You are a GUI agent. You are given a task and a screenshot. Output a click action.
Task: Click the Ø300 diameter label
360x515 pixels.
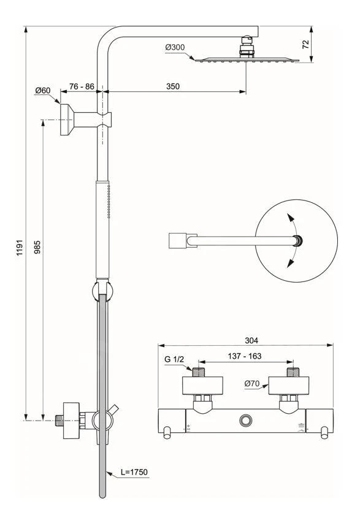[175, 47]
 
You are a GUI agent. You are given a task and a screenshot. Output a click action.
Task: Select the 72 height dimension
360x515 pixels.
[305, 44]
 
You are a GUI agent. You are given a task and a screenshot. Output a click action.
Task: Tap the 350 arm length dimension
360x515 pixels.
[173, 86]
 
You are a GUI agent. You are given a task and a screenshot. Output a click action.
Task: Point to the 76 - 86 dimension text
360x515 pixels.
[82, 86]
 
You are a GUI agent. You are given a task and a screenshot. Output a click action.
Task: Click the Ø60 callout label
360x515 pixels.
[43, 90]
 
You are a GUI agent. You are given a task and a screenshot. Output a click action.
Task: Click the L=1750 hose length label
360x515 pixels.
[134, 472]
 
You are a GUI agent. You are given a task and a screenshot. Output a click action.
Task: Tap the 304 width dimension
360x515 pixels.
[251, 341]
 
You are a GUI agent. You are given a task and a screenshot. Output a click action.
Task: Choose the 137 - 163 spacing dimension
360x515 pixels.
[245, 356]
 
